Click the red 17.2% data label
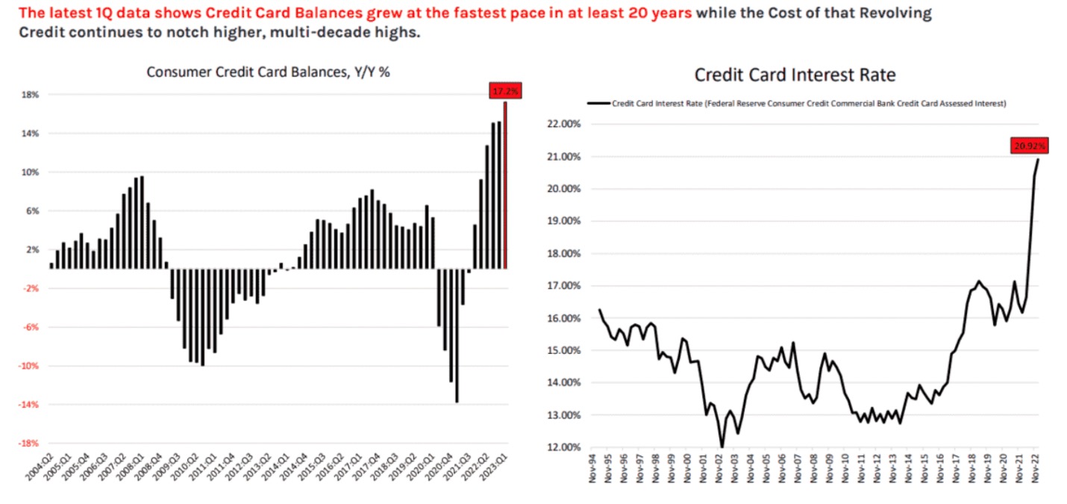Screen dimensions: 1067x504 click(505, 90)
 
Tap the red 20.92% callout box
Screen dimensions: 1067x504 click(1030, 146)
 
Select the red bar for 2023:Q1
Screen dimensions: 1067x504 click(505, 185)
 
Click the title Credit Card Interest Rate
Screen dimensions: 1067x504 click(795, 75)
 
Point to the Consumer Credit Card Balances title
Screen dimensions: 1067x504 click(268, 72)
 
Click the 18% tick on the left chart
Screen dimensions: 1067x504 click(30, 94)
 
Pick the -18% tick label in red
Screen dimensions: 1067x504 click(28, 444)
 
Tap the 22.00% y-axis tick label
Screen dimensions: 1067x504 click(564, 124)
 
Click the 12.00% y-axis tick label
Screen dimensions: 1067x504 click(564, 447)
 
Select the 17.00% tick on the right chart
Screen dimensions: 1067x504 click(564, 286)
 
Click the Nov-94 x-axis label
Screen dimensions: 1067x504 click(592, 468)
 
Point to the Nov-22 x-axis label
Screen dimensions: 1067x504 click(1035, 468)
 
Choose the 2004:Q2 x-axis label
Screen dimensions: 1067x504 click(40, 467)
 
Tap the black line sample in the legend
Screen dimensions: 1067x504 click(598, 103)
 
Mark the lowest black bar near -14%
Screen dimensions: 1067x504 click(457, 336)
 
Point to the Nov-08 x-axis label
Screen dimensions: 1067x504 click(813, 468)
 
